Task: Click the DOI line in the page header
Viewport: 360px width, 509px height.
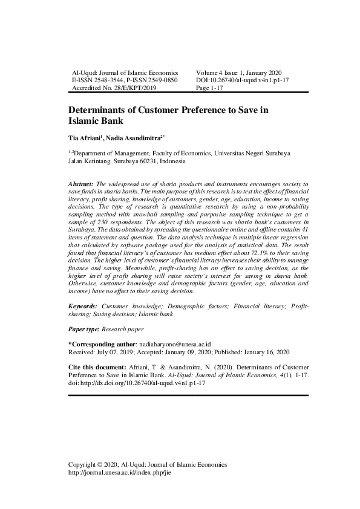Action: tap(243, 79)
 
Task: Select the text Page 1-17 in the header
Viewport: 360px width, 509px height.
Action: tap(210, 87)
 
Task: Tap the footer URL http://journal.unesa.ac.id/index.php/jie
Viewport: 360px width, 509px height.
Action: tap(120, 472)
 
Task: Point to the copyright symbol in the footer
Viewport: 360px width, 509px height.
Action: tap(100, 464)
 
